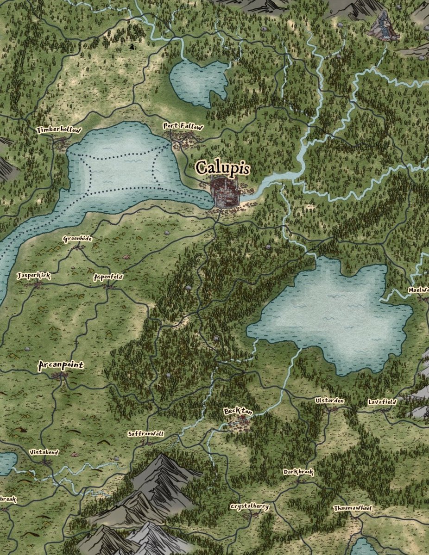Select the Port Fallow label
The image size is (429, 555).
pos(183,126)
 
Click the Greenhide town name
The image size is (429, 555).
pos(77,239)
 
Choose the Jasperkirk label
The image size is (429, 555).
pos(33,276)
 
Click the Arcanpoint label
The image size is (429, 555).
pos(61,366)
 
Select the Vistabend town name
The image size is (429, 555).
pos(44,452)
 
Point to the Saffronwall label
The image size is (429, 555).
pos(146,434)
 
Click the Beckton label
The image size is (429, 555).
pos(238,411)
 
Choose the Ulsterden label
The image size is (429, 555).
pos(329,400)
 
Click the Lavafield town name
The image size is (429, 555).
pos(382,402)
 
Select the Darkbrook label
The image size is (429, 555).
pos(298,472)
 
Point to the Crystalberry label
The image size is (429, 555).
pos(249,506)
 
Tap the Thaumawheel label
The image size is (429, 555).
pos(353,508)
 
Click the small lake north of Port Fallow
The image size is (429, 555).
pos(198,82)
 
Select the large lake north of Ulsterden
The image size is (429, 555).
pos(334,314)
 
